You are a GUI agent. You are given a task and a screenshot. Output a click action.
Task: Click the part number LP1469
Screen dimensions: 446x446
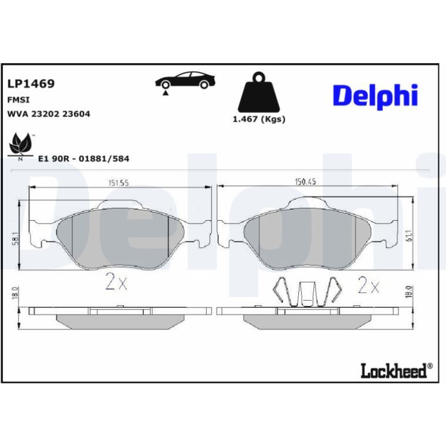click(31, 83)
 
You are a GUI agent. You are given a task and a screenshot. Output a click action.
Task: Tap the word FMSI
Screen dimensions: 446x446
click(18, 100)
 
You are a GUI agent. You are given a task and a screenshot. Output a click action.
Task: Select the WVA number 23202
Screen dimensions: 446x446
click(45, 114)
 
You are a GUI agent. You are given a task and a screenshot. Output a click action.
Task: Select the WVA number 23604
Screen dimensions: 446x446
click(76, 114)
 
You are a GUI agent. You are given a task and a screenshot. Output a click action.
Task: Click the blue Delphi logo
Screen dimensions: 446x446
click(375, 96)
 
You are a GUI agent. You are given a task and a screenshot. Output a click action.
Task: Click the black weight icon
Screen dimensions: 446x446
click(258, 92)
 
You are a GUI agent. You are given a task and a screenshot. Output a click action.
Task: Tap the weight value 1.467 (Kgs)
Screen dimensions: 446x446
click(259, 119)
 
